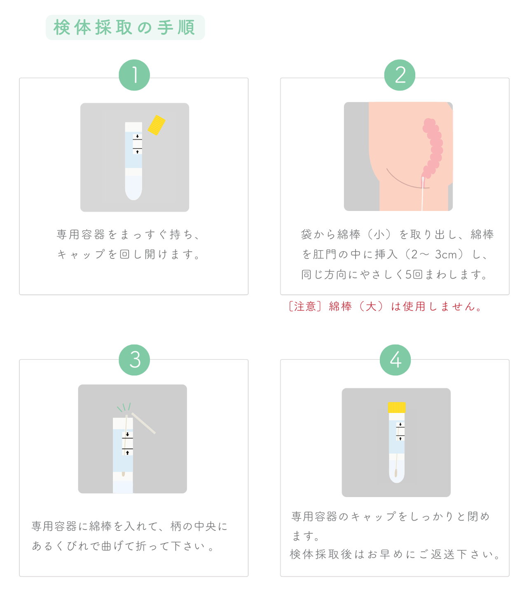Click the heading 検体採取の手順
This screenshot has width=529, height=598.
[x=124, y=28]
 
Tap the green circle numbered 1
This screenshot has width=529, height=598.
[x=134, y=75]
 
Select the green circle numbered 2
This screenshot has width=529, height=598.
[x=400, y=75]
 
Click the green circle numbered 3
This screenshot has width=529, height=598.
[x=134, y=360]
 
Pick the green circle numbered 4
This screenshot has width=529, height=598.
[x=395, y=360]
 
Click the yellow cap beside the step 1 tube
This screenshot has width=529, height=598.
[x=157, y=125]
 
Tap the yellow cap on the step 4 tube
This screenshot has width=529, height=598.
[x=396, y=407]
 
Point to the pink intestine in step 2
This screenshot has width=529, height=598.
[x=433, y=148]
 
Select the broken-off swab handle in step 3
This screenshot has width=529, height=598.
[x=143, y=423]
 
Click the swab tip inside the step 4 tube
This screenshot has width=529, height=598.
[x=396, y=473]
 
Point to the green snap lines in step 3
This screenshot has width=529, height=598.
[x=124, y=407]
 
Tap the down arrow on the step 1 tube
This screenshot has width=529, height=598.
[x=137, y=136]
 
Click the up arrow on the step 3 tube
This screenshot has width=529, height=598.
[x=127, y=453]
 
